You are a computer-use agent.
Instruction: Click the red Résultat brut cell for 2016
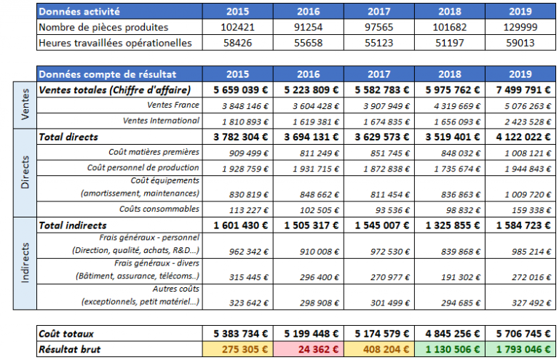click(x=309, y=349)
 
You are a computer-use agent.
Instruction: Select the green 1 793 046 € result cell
click(x=520, y=349)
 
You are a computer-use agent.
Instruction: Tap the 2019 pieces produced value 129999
click(x=520, y=27)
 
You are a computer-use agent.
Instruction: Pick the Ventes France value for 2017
click(x=386, y=106)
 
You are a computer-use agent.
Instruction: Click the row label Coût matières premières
click(x=154, y=152)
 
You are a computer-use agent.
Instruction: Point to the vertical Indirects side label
click(x=25, y=263)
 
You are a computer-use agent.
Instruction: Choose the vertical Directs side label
click(x=25, y=172)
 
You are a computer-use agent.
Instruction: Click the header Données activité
click(x=79, y=12)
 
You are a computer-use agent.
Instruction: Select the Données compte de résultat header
click(x=107, y=74)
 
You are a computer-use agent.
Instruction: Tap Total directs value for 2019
click(x=523, y=137)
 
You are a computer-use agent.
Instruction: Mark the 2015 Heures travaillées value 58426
click(x=237, y=43)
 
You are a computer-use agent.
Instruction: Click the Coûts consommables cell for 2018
click(x=463, y=210)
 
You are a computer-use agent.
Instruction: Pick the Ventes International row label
click(x=161, y=121)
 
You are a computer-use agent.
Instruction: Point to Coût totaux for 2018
click(x=453, y=334)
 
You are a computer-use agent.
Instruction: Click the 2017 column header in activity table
click(x=379, y=12)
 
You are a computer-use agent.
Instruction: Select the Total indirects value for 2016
click(x=312, y=225)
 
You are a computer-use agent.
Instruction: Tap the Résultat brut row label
click(x=70, y=349)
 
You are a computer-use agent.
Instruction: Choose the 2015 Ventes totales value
click(x=241, y=89)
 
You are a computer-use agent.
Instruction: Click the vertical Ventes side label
click(x=25, y=105)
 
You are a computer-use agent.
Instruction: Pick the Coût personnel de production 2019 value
click(x=528, y=169)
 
